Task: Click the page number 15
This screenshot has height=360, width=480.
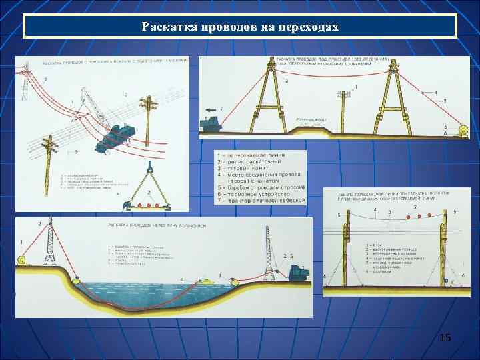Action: pos(445,339)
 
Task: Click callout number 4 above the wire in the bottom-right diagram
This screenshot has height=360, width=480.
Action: pos(375,210)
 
